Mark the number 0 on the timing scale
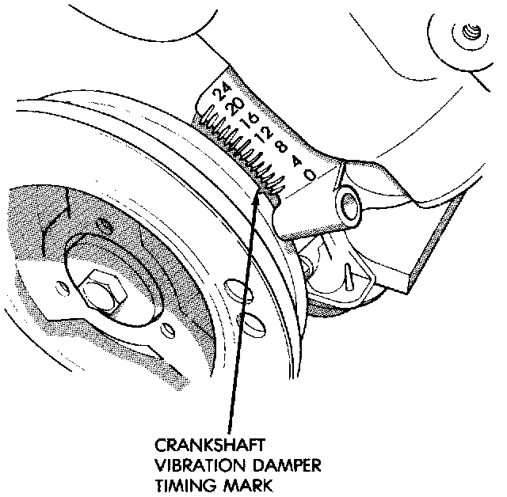pyautogui.click(x=311, y=173)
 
